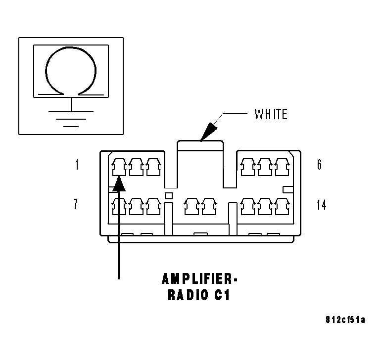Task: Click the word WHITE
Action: [271, 114]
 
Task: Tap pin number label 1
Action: [77, 165]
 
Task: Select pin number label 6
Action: [320, 165]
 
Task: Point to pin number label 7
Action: [76, 204]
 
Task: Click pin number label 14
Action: [322, 205]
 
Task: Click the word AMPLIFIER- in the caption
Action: [199, 279]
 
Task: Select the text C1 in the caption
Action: [223, 295]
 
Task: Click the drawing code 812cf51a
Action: [345, 320]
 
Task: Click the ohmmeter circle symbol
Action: [46, 71]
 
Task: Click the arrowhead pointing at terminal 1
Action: [119, 183]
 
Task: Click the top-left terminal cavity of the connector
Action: [119, 167]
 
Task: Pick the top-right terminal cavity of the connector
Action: [282, 167]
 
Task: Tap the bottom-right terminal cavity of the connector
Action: [282, 207]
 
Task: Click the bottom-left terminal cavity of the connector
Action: [119, 207]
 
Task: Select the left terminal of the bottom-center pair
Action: [191, 207]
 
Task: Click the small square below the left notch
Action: [169, 196]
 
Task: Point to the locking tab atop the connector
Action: [200, 145]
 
